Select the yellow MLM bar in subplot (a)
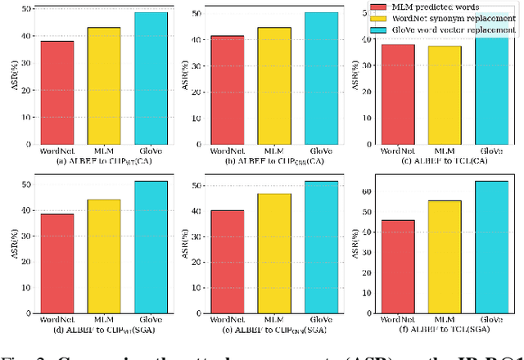tap(104, 85)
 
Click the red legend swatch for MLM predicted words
tap(377, 7)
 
